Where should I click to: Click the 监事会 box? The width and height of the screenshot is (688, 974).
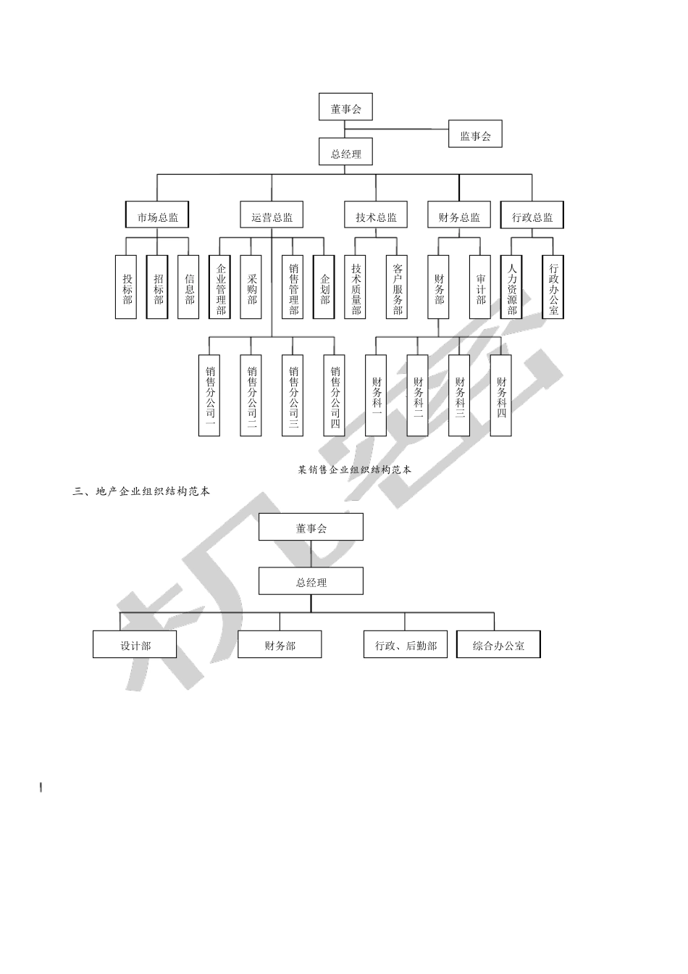click(475, 135)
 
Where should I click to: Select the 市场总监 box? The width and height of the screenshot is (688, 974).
click(157, 216)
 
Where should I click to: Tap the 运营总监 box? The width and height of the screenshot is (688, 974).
click(272, 216)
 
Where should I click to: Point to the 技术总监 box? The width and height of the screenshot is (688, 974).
click(375, 216)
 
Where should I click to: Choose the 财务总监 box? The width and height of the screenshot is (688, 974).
click(458, 216)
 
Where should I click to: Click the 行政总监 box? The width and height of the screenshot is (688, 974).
click(532, 216)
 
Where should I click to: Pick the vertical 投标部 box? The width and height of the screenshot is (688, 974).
click(127, 287)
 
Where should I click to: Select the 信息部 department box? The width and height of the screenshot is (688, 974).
click(188, 287)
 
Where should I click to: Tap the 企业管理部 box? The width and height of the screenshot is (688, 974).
click(220, 287)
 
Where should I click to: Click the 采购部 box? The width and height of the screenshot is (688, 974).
click(251, 287)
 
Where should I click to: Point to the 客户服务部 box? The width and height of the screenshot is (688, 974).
click(397, 287)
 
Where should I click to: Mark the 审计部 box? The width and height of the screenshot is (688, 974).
click(480, 287)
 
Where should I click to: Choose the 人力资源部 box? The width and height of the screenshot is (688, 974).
click(511, 287)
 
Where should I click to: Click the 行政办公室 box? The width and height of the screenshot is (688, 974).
click(553, 287)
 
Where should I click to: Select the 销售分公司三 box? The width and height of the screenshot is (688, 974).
click(293, 395)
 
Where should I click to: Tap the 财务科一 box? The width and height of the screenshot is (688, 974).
click(376, 395)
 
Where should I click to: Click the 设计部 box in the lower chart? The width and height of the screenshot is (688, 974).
click(135, 644)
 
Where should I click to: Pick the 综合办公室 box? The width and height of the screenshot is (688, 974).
click(498, 644)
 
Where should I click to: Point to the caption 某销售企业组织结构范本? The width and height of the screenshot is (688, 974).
click(354, 470)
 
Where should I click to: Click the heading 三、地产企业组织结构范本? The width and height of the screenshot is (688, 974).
click(142, 491)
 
